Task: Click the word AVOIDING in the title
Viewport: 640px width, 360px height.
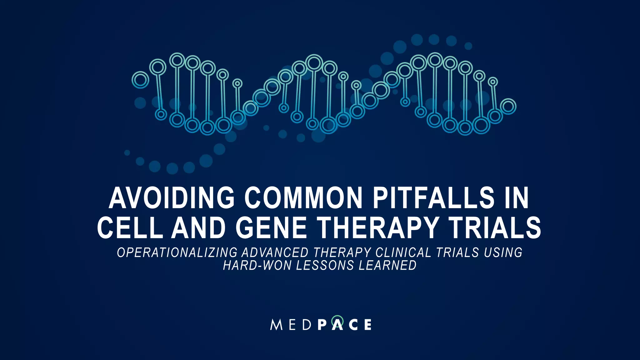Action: tap(172, 198)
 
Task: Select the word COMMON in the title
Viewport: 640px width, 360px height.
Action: tap(303, 198)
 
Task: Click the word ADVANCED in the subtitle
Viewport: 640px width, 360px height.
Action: tap(275, 252)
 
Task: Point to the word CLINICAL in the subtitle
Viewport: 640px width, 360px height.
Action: tap(403, 252)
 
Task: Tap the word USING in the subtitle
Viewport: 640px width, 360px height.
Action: tap(503, 252)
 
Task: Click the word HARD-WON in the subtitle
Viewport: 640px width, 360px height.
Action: tap(257, 266)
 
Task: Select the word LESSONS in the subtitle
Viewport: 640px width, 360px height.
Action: tap(325, 266)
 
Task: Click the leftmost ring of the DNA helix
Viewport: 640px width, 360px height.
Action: tap(140, 80)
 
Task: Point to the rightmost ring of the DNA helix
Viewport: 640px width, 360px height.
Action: tap(508, 107)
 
